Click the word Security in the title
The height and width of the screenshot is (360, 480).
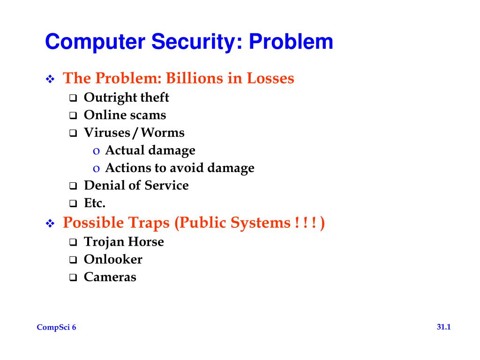pos(194,42)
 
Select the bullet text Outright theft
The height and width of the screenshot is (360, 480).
pos(126,97)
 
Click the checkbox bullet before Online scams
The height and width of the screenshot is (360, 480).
pos(73,116)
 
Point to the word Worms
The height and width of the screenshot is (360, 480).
pos(163,133)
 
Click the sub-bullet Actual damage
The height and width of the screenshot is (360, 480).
pos(150,150)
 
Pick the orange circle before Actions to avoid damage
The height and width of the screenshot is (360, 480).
pos(96,168)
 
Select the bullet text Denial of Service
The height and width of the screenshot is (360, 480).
pos(136,185)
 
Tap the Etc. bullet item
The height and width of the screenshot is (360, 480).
pos(94,203)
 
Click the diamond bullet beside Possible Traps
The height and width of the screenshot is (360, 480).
pos(50,224)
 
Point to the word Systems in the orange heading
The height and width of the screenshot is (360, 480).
pos(260,223)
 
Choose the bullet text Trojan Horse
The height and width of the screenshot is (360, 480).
pos(124,242)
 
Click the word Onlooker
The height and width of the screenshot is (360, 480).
pos(112,259)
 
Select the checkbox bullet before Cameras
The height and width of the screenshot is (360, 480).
pos(73,277)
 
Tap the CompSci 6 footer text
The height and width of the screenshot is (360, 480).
pos(56,328)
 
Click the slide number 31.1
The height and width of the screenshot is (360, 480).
pos(443,327)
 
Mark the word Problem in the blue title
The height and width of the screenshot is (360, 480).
pos(291,42)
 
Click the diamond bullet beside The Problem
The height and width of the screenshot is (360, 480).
pos(50,79)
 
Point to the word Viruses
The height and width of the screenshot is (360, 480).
pos(106,133)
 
